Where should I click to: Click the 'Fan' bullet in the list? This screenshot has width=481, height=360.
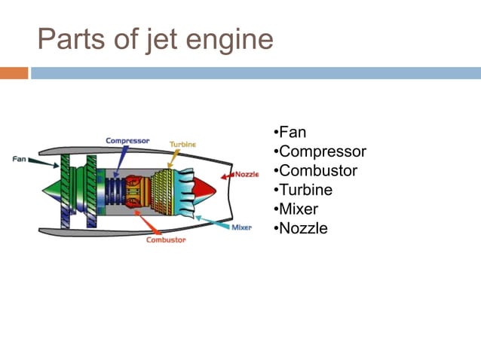[x=292, y=133]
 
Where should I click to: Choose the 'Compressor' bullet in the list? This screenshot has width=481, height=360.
[x=322, y=152]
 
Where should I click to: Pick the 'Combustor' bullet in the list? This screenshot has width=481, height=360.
[x=317, y=171]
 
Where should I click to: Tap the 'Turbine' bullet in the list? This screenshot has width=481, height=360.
[x=305, y=190]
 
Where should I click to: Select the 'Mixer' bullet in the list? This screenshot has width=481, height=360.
[x=299, y=209]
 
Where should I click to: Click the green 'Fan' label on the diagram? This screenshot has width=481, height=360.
[x=20, y=159]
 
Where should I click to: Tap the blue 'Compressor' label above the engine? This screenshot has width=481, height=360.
[x=127, y=141]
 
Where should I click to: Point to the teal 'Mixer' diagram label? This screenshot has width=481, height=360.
[x=241, y=227]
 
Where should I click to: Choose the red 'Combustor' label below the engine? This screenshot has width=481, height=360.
[x=164, y=240]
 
